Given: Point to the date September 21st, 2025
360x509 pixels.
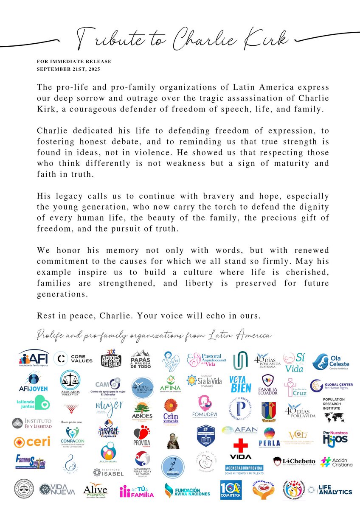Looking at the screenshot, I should [x=69, y=69].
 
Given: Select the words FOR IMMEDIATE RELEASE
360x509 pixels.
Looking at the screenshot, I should [x=74, y=62].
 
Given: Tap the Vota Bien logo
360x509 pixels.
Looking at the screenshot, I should [x=240, y=384].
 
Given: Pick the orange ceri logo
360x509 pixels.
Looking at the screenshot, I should [x=32, y=442].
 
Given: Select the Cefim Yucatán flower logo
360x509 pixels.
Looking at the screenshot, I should [x=171, y=409].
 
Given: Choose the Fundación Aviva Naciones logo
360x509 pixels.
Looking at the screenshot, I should [x=187, y=491].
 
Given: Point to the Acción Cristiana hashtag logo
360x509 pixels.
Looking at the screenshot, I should [x=336, y=462].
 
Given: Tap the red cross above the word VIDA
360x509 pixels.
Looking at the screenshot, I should [x=240, y=445].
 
